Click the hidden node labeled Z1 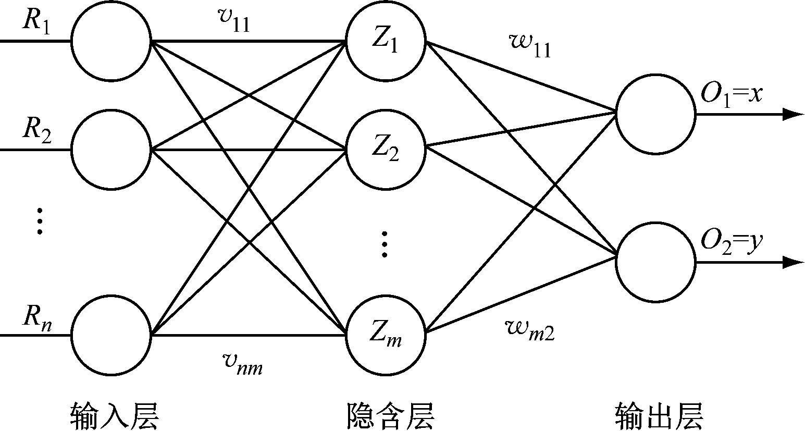tap(386, 42)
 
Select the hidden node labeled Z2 tap(386, 150)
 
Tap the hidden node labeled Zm tap(386, 335)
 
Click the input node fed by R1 tap(110, 42)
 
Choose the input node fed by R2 tap(110, 150)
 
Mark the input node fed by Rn tap(110, 335)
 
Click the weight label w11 tap(529, 46)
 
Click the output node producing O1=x tap(655, 114)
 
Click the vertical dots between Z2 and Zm tap(385, 243)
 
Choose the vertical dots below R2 tap(39, 221)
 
